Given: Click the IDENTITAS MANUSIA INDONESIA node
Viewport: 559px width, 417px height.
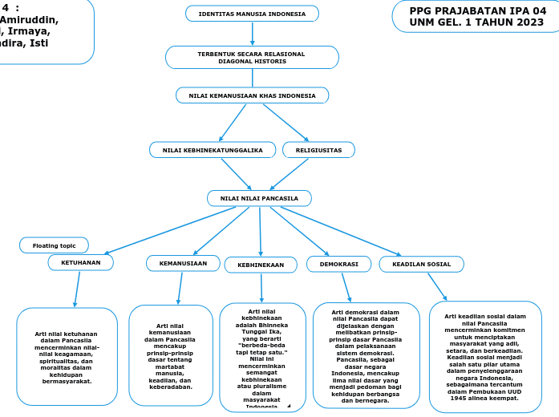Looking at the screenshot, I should (252, 14).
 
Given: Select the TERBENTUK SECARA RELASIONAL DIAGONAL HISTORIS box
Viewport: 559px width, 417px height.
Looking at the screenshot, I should (252, 57).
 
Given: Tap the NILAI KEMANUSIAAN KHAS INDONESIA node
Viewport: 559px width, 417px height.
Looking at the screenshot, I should (252, 95).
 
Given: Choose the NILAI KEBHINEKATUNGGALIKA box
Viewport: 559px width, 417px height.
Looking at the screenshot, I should (213, 150).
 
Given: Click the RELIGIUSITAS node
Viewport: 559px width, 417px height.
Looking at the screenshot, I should (318, 150).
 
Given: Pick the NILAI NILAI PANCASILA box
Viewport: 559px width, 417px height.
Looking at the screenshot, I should (259, 198).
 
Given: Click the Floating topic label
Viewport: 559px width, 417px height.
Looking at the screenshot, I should (54, 245).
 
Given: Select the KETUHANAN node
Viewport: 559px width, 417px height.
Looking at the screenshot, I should (80, 262).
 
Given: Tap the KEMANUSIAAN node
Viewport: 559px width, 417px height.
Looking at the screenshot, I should (183, 263).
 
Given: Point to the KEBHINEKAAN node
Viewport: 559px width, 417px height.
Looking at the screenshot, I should (261, 265).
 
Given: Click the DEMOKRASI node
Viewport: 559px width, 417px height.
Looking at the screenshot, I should (338, 264).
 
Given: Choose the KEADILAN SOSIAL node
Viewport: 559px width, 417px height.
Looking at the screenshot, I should (421, 264).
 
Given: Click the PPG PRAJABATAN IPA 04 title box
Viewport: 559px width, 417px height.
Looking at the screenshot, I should (476, 16).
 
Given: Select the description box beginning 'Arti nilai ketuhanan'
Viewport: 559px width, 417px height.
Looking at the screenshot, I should (67, 358).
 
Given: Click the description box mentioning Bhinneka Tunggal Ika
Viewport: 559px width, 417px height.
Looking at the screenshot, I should (262, 357).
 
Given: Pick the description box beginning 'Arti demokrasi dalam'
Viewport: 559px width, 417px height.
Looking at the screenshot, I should (366, 356).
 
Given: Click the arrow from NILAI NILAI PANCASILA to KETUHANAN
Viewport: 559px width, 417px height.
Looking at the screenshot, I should (170, 230).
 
